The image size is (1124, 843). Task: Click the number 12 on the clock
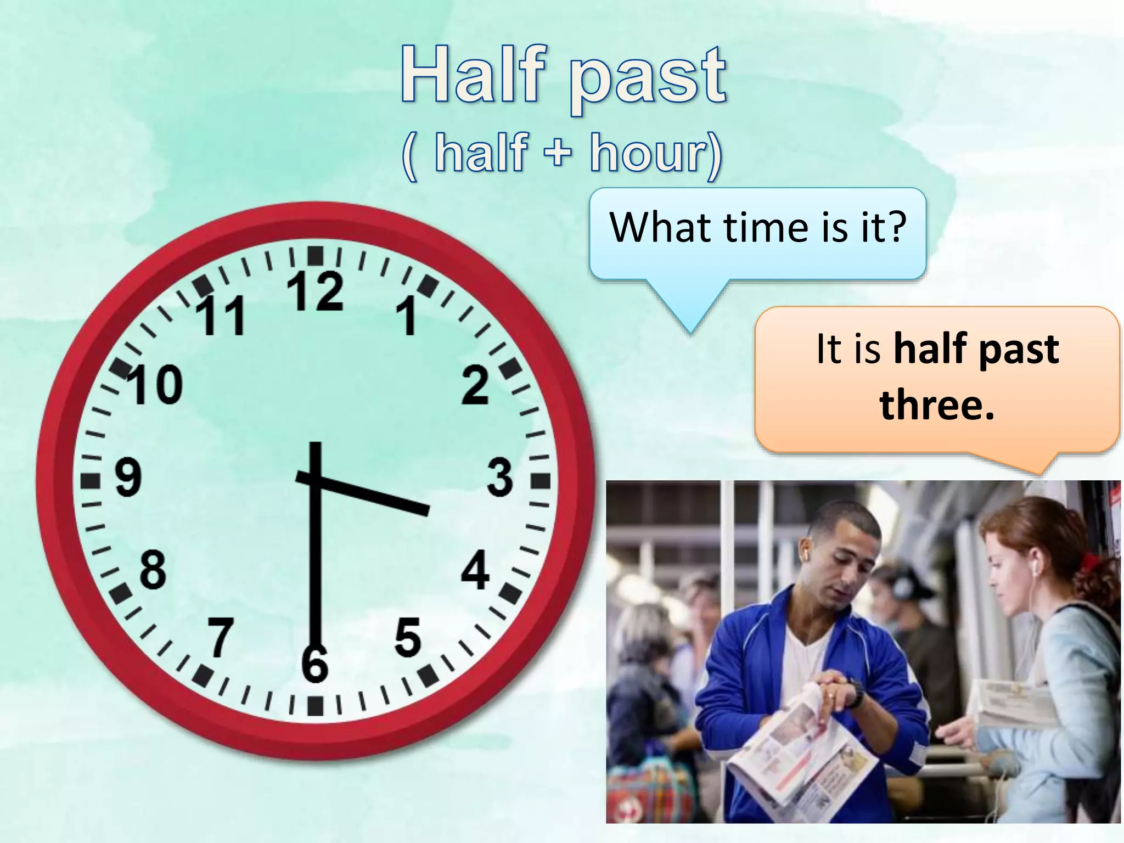coord(315,291)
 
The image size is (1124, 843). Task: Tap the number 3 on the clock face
coord(499,477)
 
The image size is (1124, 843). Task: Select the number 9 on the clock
coord(128,477)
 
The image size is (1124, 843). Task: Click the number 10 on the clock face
coord(155,385)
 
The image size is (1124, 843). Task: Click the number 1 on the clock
coord(407,317)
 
